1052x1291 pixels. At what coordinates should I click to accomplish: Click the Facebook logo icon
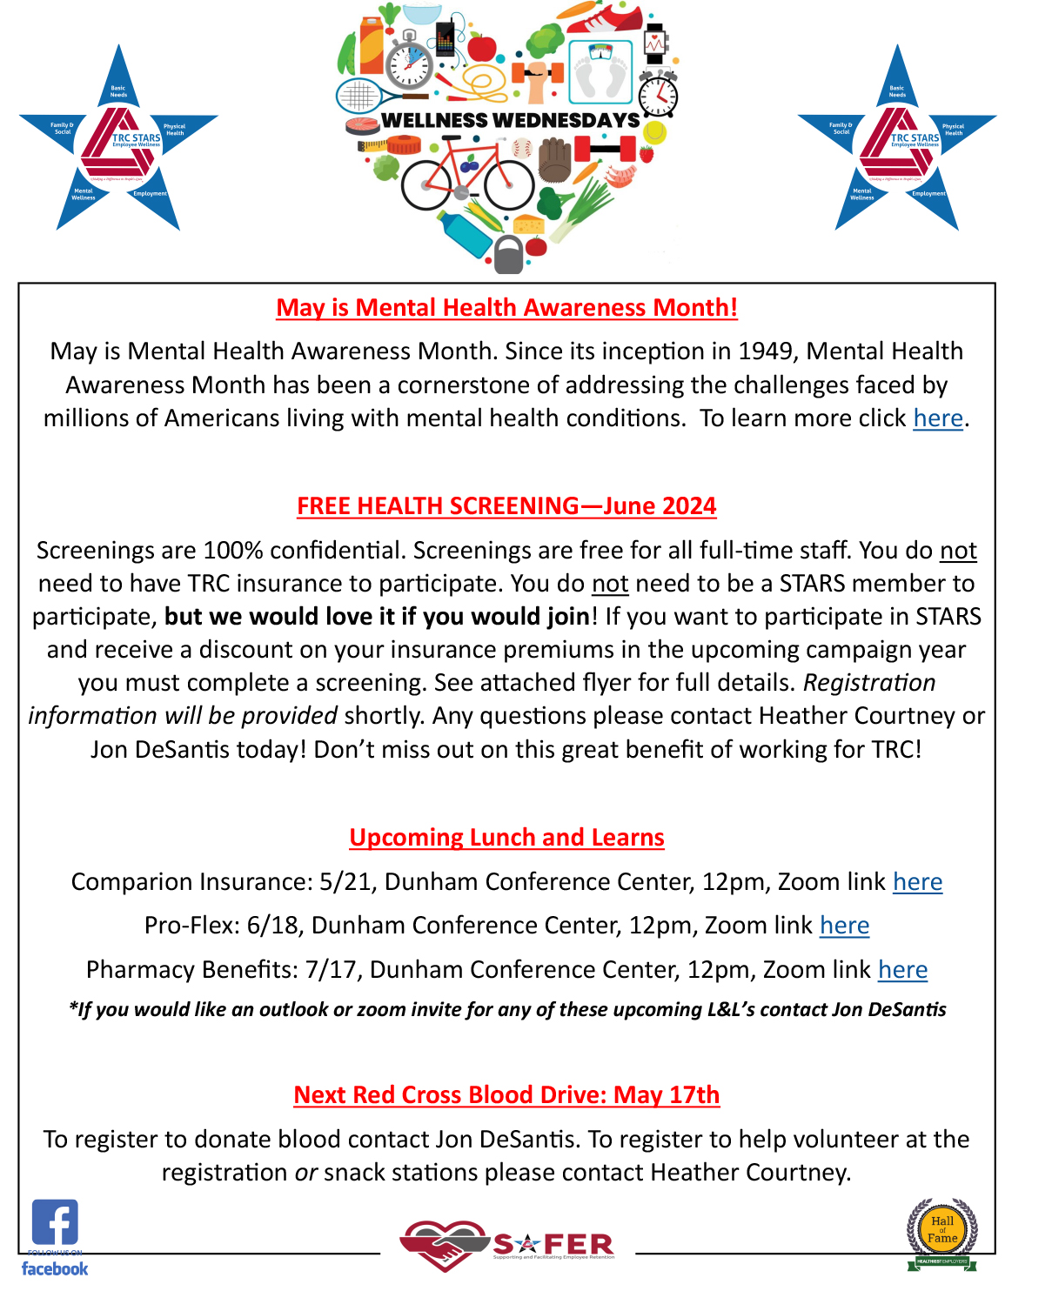(55, 1222)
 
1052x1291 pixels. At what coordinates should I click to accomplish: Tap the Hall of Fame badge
(941, 1232)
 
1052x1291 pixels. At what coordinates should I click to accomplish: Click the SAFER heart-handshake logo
(444, 1245)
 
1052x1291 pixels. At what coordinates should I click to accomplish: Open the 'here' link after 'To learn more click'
(937, 418)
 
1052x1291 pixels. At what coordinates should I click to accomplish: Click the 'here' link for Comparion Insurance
(917, 882)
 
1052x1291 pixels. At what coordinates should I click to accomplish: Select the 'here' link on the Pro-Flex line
(844, 926)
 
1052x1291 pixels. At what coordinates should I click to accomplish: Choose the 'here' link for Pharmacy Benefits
(902, 970)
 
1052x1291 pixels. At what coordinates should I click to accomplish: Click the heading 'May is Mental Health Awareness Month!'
(506, 308)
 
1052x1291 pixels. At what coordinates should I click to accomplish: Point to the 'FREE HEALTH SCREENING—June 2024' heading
(506, 506)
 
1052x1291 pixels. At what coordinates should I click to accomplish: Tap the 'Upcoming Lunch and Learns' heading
(506, 838)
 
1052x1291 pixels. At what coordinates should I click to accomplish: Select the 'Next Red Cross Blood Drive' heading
(506, 1095)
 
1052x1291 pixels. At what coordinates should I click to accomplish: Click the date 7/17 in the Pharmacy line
(331, 970)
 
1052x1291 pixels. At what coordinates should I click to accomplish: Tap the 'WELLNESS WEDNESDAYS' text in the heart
(510, 120)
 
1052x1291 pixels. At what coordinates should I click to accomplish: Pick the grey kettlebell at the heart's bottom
(508, 254)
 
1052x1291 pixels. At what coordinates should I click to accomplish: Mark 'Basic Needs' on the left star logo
(118, 91)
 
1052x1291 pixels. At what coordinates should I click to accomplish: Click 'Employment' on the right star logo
(928, 194)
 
